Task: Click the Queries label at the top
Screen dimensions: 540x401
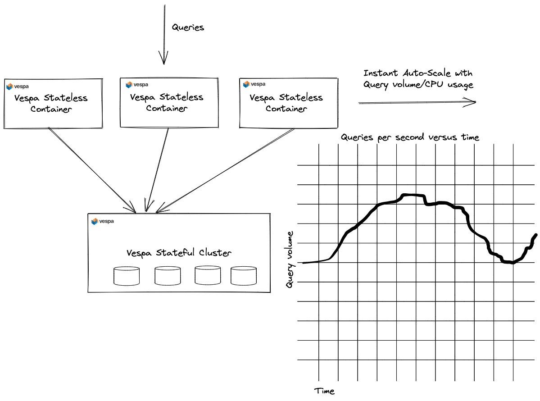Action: [x=188, y=27]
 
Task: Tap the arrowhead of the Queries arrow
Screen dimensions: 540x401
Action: [x=163, y=64]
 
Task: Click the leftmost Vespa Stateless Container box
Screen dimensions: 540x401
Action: [x=53, y=103]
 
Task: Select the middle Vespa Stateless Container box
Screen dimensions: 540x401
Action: [x=169, y=103]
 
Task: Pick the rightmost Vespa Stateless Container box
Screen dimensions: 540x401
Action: [x=289, y=103]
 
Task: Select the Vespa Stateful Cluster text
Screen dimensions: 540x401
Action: [x=179, y=253]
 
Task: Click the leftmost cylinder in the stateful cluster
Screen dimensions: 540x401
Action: [x=127, y=276]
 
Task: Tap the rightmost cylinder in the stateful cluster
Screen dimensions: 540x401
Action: [x=244, y=276]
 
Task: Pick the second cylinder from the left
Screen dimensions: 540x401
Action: [x=168, y=276]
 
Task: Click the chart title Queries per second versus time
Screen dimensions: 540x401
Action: [x=410, y=137]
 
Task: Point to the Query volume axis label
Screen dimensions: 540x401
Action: [x=290, y=260]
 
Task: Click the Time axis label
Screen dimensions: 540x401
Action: [x=324, y=391]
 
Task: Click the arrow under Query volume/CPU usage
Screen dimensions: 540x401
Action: [x=417, y=102]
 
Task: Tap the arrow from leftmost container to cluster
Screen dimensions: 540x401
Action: [x=92, y=170]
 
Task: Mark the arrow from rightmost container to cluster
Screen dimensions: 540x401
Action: [x=225, y=170]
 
